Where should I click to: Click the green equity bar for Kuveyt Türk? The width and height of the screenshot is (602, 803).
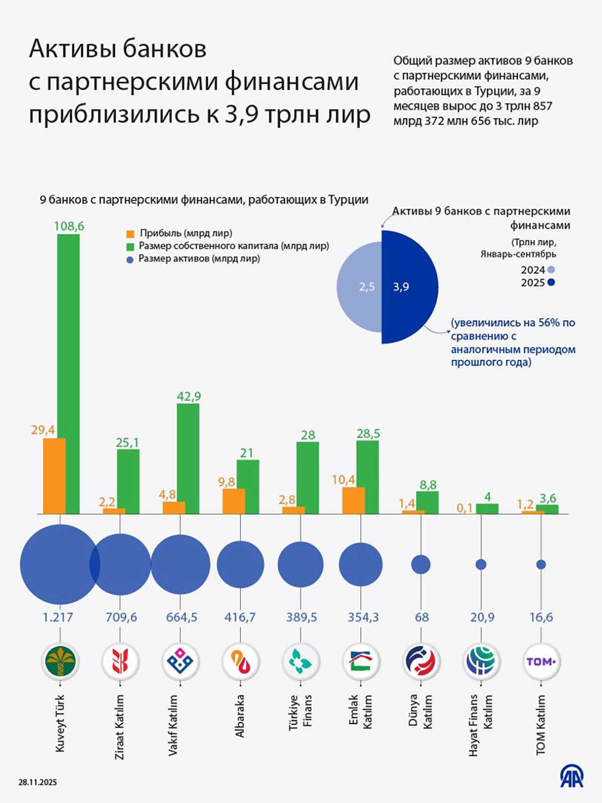coord(68,374)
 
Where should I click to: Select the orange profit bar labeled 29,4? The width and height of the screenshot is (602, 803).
coord(54,476)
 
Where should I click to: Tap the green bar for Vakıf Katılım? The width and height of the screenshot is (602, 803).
coord(188,459)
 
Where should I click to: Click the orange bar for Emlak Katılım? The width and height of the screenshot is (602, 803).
coord(353,500)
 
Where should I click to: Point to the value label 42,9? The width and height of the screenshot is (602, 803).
coord(189,396)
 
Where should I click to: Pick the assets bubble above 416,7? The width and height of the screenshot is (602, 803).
coord(240,565)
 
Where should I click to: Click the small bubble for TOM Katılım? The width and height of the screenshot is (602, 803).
coord(541,565)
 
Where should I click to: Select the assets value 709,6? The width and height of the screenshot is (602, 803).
coord(121,617)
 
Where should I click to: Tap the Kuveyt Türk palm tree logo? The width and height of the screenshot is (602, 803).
coord(60,661)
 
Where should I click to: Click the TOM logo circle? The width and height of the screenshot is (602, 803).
coord(541,661)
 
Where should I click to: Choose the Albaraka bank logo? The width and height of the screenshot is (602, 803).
coord(240,661)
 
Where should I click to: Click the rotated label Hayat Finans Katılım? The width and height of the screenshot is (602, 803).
coord(480,725)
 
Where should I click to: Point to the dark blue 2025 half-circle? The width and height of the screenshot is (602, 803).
coord(409,287)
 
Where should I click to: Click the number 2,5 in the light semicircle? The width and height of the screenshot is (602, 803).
coord(367,287)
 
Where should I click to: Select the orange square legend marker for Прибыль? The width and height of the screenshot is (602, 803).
coord(130,234)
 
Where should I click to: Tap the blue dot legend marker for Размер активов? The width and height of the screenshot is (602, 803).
coord(130,260)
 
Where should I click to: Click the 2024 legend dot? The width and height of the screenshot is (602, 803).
coord(551,270)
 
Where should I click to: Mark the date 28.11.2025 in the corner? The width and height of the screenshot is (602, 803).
coord(38,782)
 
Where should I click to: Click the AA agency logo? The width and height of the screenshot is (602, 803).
coord(572,777)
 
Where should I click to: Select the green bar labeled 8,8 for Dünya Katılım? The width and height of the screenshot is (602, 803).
coord(427,502)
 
